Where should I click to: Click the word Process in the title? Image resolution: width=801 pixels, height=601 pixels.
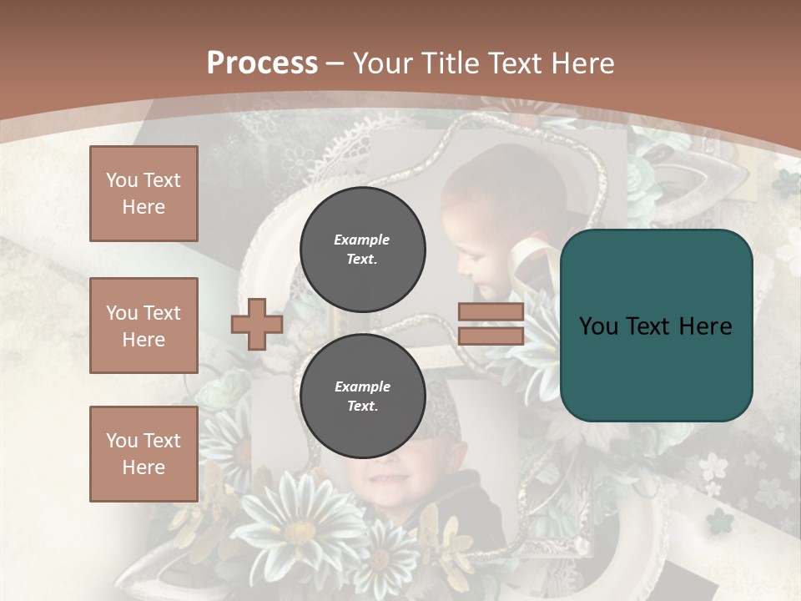pos(262,63)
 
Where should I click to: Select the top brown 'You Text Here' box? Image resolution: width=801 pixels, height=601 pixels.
pos(144,194)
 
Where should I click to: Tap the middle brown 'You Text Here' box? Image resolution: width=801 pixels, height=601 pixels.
pos(144,326)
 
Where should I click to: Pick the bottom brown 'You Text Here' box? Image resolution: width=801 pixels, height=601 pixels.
pos(144,454)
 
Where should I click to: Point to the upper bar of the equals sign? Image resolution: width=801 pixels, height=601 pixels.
pos(491,312)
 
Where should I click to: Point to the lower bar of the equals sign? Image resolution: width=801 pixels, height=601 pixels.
pos(491,336)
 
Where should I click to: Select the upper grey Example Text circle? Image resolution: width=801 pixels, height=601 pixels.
pos(362,249)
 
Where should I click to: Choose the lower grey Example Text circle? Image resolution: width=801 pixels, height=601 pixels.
pos(362,396)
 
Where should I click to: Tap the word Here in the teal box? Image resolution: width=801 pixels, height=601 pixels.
pos(705,326)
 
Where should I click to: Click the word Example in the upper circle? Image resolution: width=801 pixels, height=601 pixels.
pos(362,240)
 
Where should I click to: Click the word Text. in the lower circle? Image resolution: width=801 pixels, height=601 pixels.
pos(362,407)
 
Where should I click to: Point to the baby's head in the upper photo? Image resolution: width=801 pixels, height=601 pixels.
pos(480,209)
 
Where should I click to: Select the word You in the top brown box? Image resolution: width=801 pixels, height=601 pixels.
pos(121,180)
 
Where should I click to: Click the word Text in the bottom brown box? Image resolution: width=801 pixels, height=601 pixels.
pos(162,441)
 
